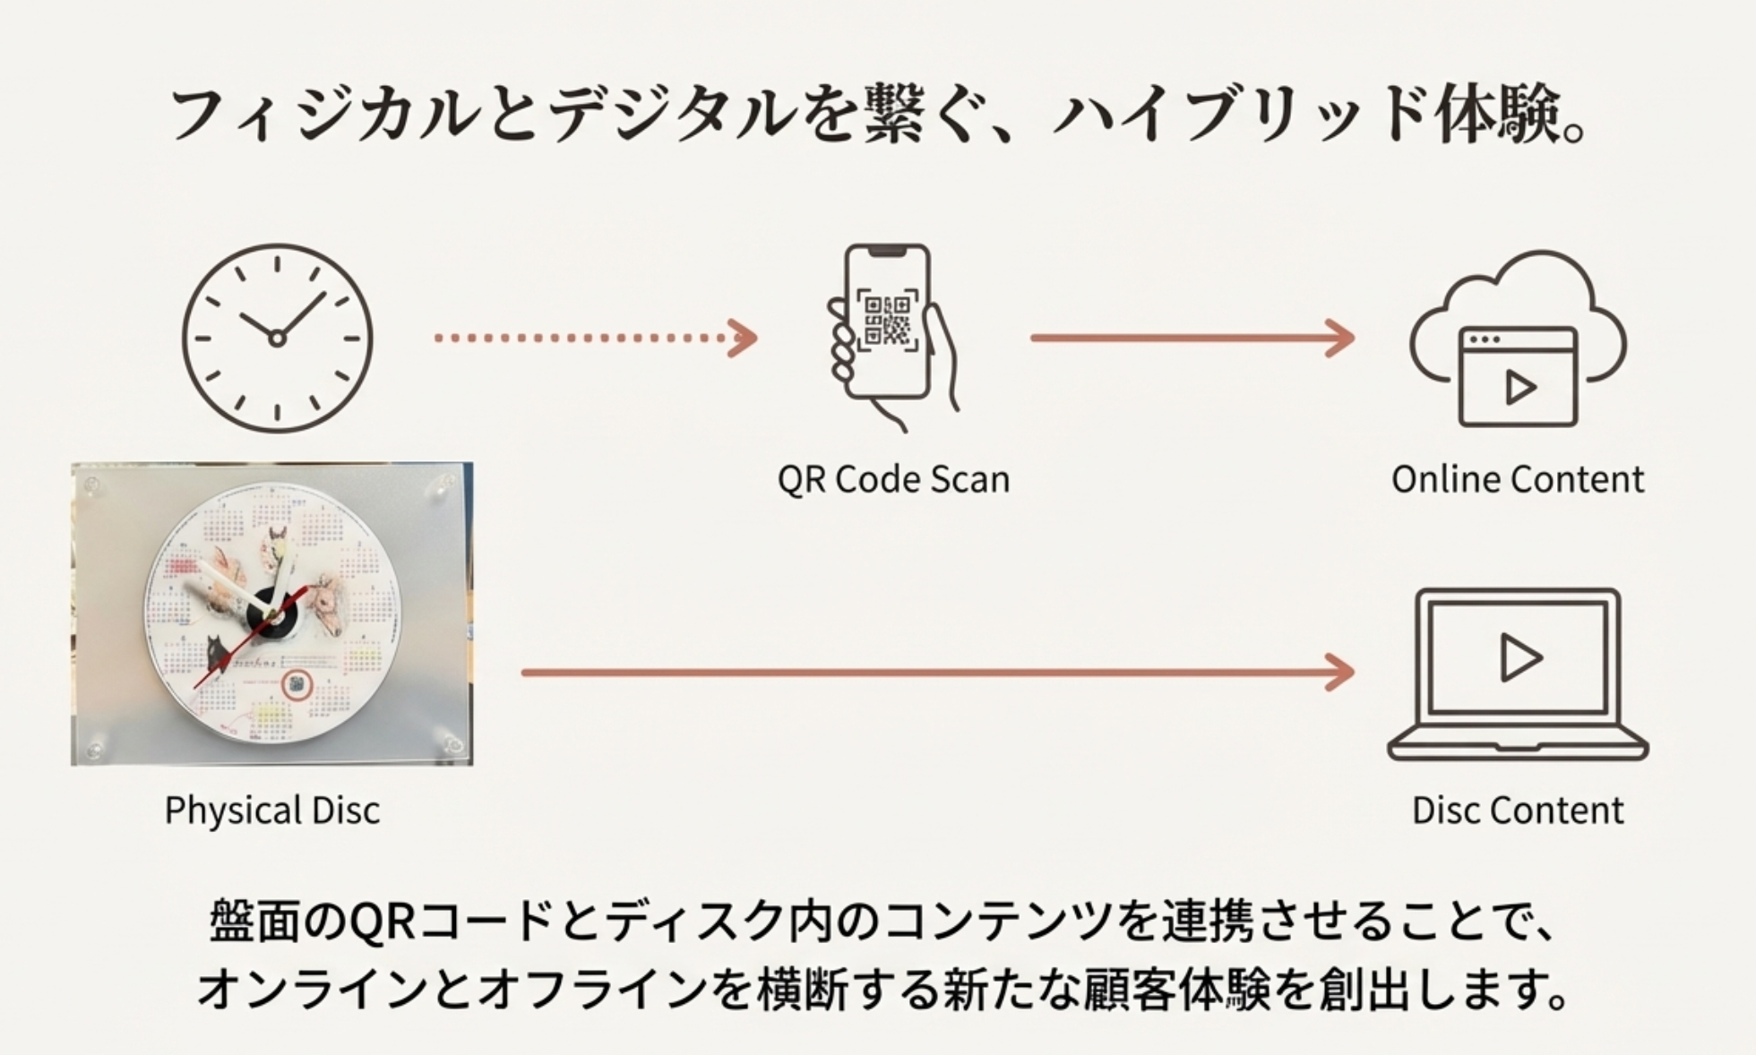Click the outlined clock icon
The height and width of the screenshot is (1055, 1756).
pos(277,339)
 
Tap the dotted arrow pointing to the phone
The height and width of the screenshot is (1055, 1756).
pos(595,339)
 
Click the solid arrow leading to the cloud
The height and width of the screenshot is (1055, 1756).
pos(1192,339)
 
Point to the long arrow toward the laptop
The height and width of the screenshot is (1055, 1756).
pos(936,673)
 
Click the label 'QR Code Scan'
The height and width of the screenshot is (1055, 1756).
pos(893,480)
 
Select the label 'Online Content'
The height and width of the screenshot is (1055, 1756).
pos(1518,480)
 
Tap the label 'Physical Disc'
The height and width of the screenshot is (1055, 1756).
pos(272,811)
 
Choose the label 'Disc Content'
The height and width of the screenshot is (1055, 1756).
pos(1518,811)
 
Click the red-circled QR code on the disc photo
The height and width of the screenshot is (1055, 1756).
pos(297,686)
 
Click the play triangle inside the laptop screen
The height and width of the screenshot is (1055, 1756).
pos(1519,658)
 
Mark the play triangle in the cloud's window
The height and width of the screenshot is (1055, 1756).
pos(1519,388)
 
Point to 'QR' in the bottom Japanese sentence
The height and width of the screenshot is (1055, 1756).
pos(382,922)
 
